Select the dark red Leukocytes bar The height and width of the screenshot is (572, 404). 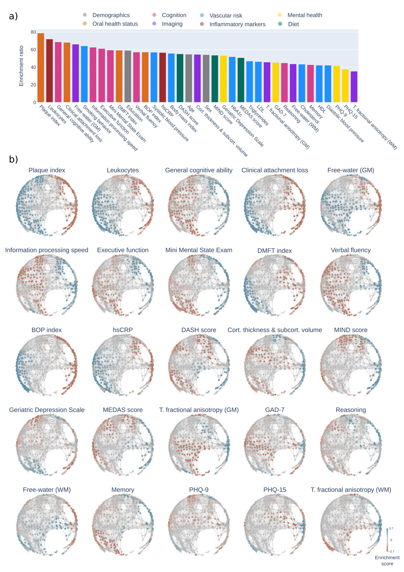pyautogui.click(x=49, y=71)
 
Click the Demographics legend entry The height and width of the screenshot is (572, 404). pyautogui.click(x=111, y=15)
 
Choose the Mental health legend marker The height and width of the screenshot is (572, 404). pyautogui.click(x=280, y=15)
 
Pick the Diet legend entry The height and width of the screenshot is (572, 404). pyautogui.click(x=293, y=24)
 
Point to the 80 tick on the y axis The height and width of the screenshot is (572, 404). pyautogui.click(x=33, y=32)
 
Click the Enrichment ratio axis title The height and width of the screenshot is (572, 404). pyautogui.click(x=21, y=66)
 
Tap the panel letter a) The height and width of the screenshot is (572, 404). pyautogui.click(x=13, y=16)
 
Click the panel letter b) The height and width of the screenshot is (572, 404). pyautogui.click(x=13, y=159)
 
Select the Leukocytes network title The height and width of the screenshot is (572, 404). pyautogui.click(x=123, y=170)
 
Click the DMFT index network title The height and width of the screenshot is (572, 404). pyautogui.click(x=275, y=251)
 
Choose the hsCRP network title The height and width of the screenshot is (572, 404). pyautogui.click(x=123, y=330)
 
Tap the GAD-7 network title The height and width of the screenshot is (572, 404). pyautogui.click(x=275, y=410)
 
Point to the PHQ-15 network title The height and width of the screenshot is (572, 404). pyautogui.click(x=275, y=490)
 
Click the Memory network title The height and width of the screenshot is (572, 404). pyautogui.click(x=123, y=490)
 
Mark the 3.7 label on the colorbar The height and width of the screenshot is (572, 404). pyautogui.click(x=391, y=528)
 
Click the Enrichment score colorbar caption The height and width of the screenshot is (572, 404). pyautogui.click(x=387, y=561)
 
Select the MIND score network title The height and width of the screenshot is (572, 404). pyautogui.click(x=351, y=330)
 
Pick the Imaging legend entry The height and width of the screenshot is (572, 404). pyautogui.click(x=172, y=24)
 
